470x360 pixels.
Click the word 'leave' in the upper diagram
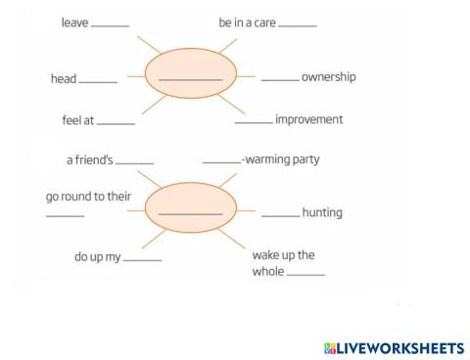(x=73, y=22)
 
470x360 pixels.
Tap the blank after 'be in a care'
(x=298, y=24)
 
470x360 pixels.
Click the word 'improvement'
(x=309, y=119)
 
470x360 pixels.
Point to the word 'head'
(x=63, y=79)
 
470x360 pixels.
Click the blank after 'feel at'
(x=117, y=123)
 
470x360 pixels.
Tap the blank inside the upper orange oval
(x=190, y=79)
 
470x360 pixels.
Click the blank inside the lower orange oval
(x=190, y=212)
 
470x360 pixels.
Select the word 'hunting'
(x=322, y=211)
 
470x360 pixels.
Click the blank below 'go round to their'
(x=66, y=215)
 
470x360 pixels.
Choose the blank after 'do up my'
(x=143, y=260)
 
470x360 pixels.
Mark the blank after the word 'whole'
(x=305, y=274)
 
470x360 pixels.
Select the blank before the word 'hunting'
(x=280, y=213)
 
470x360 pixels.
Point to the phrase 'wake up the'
(x=284, y=254)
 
